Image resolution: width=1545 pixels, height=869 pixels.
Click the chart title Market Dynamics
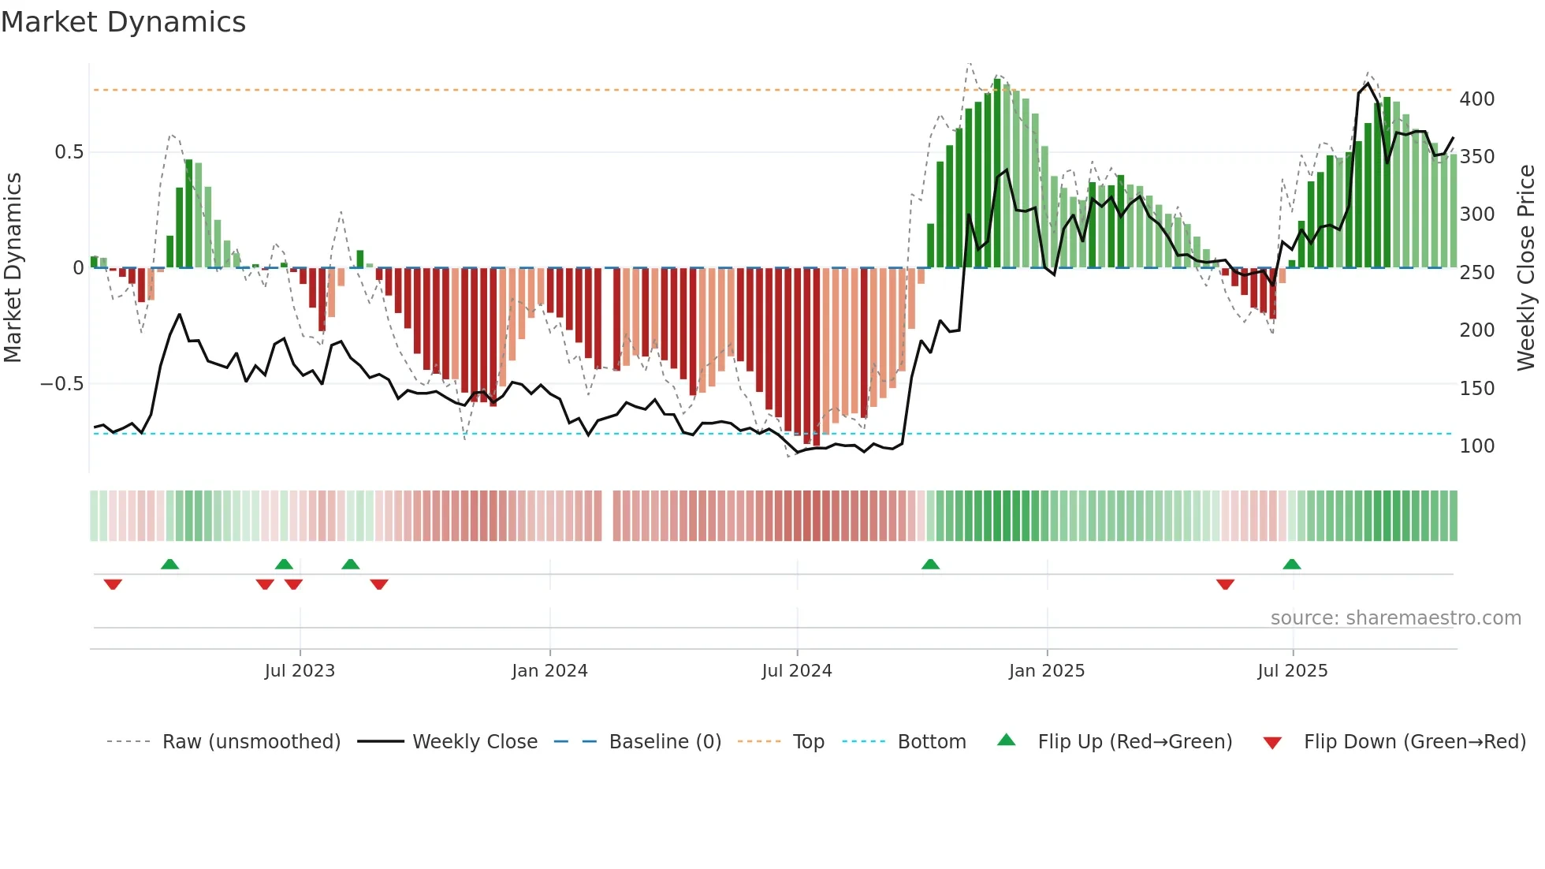point(124,22)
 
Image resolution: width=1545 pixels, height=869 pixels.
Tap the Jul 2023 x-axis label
point(300,671)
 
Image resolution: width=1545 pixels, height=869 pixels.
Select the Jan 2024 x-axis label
point(549,671)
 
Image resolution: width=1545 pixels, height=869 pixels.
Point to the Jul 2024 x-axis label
point(797,671)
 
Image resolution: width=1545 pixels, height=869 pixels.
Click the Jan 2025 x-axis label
point(1047,671)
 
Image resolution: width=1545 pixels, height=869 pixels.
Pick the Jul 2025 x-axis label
point(1293,671)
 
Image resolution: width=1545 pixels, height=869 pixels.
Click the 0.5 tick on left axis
point(69,152)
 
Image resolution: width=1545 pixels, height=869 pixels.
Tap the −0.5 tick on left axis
point(62,384)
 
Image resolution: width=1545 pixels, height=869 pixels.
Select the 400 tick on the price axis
point(1477,99)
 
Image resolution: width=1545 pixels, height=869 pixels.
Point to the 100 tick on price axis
point(1477,446)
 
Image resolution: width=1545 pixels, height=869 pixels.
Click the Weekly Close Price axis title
point(1527,268)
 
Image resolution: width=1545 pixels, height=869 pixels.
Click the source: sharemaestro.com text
point(1396,618)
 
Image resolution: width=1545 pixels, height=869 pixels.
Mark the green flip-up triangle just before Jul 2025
point(1291,564)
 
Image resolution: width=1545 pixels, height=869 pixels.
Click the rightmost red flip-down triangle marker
point(1225,584)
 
